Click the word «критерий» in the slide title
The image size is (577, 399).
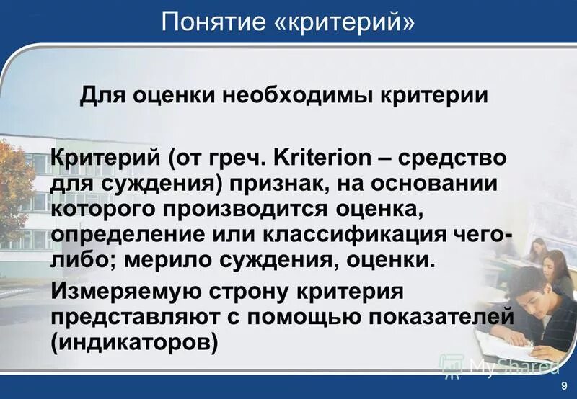pyautogui.click(x=344, y=21)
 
